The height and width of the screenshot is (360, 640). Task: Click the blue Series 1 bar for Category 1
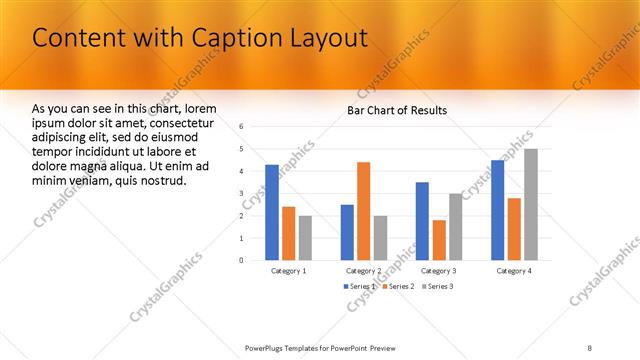click(x=272, y=212)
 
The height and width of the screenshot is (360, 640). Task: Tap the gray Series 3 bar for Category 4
click(x=530, y=204)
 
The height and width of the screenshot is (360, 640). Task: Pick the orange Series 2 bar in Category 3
click(x=439, y=240)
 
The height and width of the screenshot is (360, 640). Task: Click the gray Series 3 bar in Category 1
click(x=305, y=238)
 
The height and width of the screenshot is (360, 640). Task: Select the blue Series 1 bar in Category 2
click(x=347, y=232)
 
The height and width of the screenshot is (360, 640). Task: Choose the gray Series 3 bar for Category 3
click(x=455, y=226)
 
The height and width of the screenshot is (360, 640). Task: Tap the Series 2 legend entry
click(x=398, y=287)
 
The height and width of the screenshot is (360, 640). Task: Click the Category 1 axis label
click(x=289, y=271)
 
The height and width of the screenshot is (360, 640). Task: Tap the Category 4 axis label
click(x=514, y=271)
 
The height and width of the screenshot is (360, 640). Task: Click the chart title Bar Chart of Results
click(x=397, y=110)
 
